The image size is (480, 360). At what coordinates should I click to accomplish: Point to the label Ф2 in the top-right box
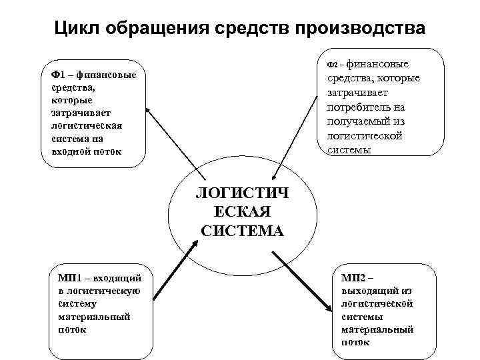point(334,65)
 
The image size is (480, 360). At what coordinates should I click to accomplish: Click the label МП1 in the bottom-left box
point(69,277)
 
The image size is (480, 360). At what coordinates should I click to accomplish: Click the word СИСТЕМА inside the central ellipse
point(241,231)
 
